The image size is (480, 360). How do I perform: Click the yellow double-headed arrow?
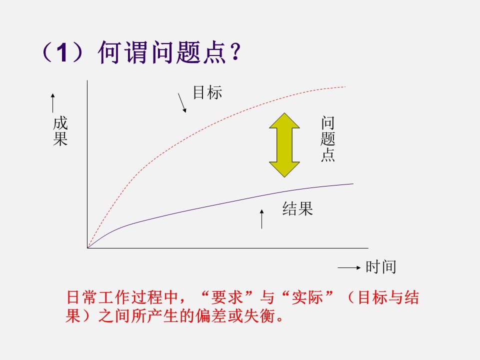click(x=284, y=145)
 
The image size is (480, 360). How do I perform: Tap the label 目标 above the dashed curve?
click(x=207, y=92)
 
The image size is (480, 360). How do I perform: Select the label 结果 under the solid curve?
click(x=297, y=209)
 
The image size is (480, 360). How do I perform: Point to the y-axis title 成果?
click(x=60, y=131)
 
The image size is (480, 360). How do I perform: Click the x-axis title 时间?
click(x=380, y=267)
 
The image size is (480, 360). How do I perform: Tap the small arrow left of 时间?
click(x=349, y=268)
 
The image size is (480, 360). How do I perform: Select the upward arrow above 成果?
click(x=52, y=102)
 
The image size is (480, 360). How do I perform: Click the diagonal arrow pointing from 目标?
click(x=182, y=102)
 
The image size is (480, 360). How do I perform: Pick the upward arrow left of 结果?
click(x=261, y=219)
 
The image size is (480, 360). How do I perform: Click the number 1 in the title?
click(x=60, y=52)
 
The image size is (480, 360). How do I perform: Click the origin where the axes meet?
click(x=87, y=247)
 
